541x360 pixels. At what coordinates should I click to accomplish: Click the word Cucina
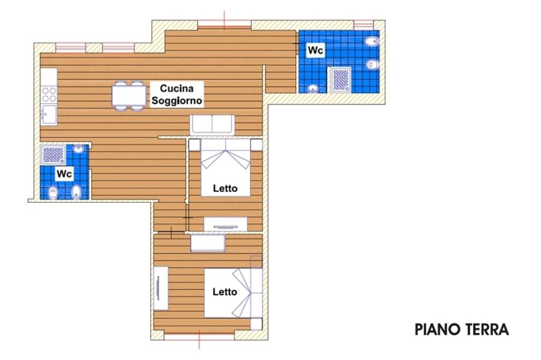177,89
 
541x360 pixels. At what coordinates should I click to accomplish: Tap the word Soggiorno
177,101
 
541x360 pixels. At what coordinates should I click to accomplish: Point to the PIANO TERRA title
462,329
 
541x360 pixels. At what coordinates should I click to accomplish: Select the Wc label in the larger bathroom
315,50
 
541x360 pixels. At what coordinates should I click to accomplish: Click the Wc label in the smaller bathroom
64,174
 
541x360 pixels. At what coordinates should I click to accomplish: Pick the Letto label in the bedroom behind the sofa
225,188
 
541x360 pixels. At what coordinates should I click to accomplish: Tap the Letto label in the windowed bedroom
225,292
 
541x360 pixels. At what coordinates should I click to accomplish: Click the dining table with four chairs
128,95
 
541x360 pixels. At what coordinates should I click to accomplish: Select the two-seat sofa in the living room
212,125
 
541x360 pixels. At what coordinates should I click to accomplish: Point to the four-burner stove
49,95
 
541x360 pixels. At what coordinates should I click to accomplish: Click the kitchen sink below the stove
49,115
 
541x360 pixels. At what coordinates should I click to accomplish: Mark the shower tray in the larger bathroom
341,80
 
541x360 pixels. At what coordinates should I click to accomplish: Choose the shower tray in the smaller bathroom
53,155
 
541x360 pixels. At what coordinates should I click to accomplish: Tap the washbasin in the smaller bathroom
79,149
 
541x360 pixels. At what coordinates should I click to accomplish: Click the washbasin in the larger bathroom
313,89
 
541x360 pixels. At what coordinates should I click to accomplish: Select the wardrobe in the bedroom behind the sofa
226,224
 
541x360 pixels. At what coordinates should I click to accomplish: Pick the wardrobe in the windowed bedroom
161,288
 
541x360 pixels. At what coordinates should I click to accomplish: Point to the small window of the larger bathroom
364,25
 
